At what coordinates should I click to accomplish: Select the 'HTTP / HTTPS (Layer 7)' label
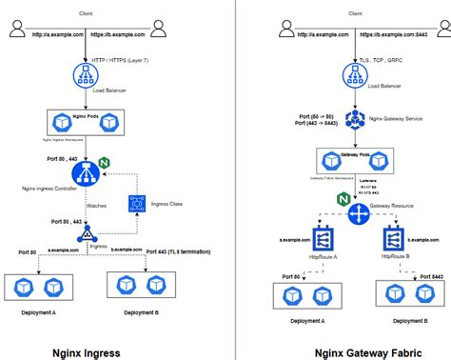pos(118,61)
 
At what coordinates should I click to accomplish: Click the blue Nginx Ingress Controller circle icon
pos(86,173)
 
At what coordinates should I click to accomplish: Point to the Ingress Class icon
pos(136,203)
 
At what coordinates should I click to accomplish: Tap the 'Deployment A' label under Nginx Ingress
pos(39,311)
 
